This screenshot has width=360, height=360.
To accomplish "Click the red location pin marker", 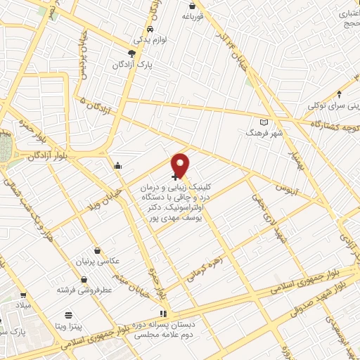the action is [181, 165].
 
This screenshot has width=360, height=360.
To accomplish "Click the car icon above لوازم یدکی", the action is [151, 30].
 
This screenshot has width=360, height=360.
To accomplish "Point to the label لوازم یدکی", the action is [150, 40].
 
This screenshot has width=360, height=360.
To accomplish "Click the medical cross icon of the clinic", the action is [174, 176].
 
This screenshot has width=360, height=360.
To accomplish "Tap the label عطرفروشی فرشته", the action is [82, 289].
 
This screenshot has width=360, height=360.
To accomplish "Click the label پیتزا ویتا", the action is [69, 326].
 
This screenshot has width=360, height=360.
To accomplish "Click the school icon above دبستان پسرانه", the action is [164, 314].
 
